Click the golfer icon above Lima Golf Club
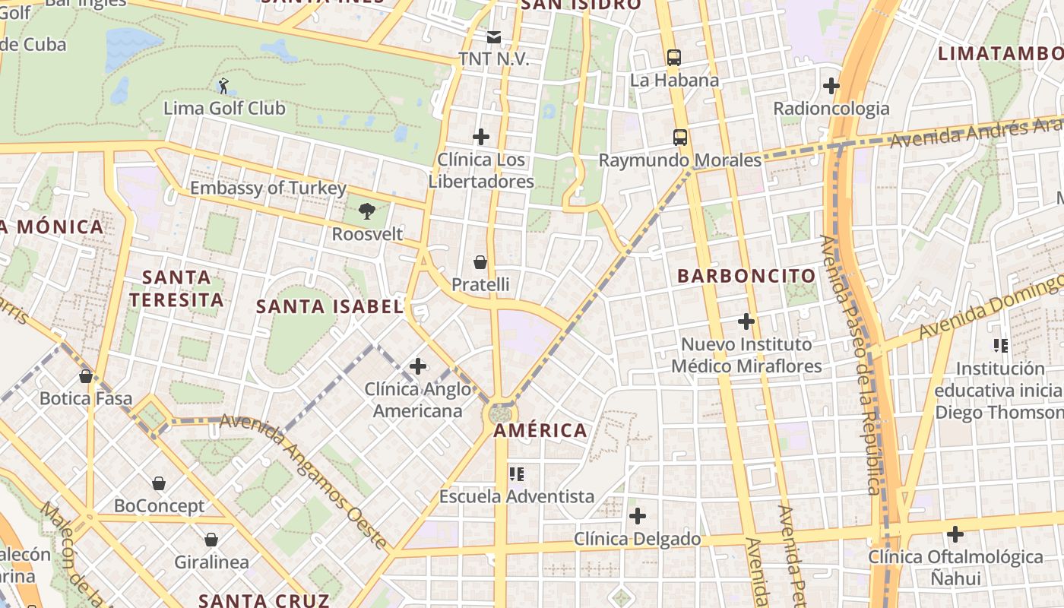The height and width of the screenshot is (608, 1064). tap(223, 85)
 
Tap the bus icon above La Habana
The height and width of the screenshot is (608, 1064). tap(673, 57)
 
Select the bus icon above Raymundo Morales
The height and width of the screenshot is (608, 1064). tap(680, 138)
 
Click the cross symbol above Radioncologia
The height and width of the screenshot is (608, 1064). tap(831, 86)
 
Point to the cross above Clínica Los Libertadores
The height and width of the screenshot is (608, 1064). tap(481, 137)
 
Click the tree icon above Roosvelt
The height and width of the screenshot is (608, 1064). tap(367, 211)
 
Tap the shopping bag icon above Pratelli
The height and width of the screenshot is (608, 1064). tap(480, 262)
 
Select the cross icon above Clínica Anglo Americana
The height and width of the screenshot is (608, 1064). tap(417, 366)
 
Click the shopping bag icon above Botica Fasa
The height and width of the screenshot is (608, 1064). tap(86, 375)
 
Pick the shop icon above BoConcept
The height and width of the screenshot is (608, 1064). tap(159, 483)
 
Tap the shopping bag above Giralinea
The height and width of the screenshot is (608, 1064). tap(211, 540)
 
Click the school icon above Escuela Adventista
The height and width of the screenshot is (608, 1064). tap(517, 474)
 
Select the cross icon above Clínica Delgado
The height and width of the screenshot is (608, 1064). tap(638, 517)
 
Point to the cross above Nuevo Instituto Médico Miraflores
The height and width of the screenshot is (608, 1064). tap(746, 321)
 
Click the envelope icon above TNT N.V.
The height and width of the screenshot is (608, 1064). tap(494, 36)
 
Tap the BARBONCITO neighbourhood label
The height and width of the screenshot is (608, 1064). tap(746, 276)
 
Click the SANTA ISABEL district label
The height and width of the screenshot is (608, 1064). tap(329, 307)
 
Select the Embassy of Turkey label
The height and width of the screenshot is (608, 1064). tap(268, 188)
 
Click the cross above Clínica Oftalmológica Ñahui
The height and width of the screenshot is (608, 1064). tap(955, 534)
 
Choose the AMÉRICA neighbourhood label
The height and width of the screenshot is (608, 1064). tap(540, 431)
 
